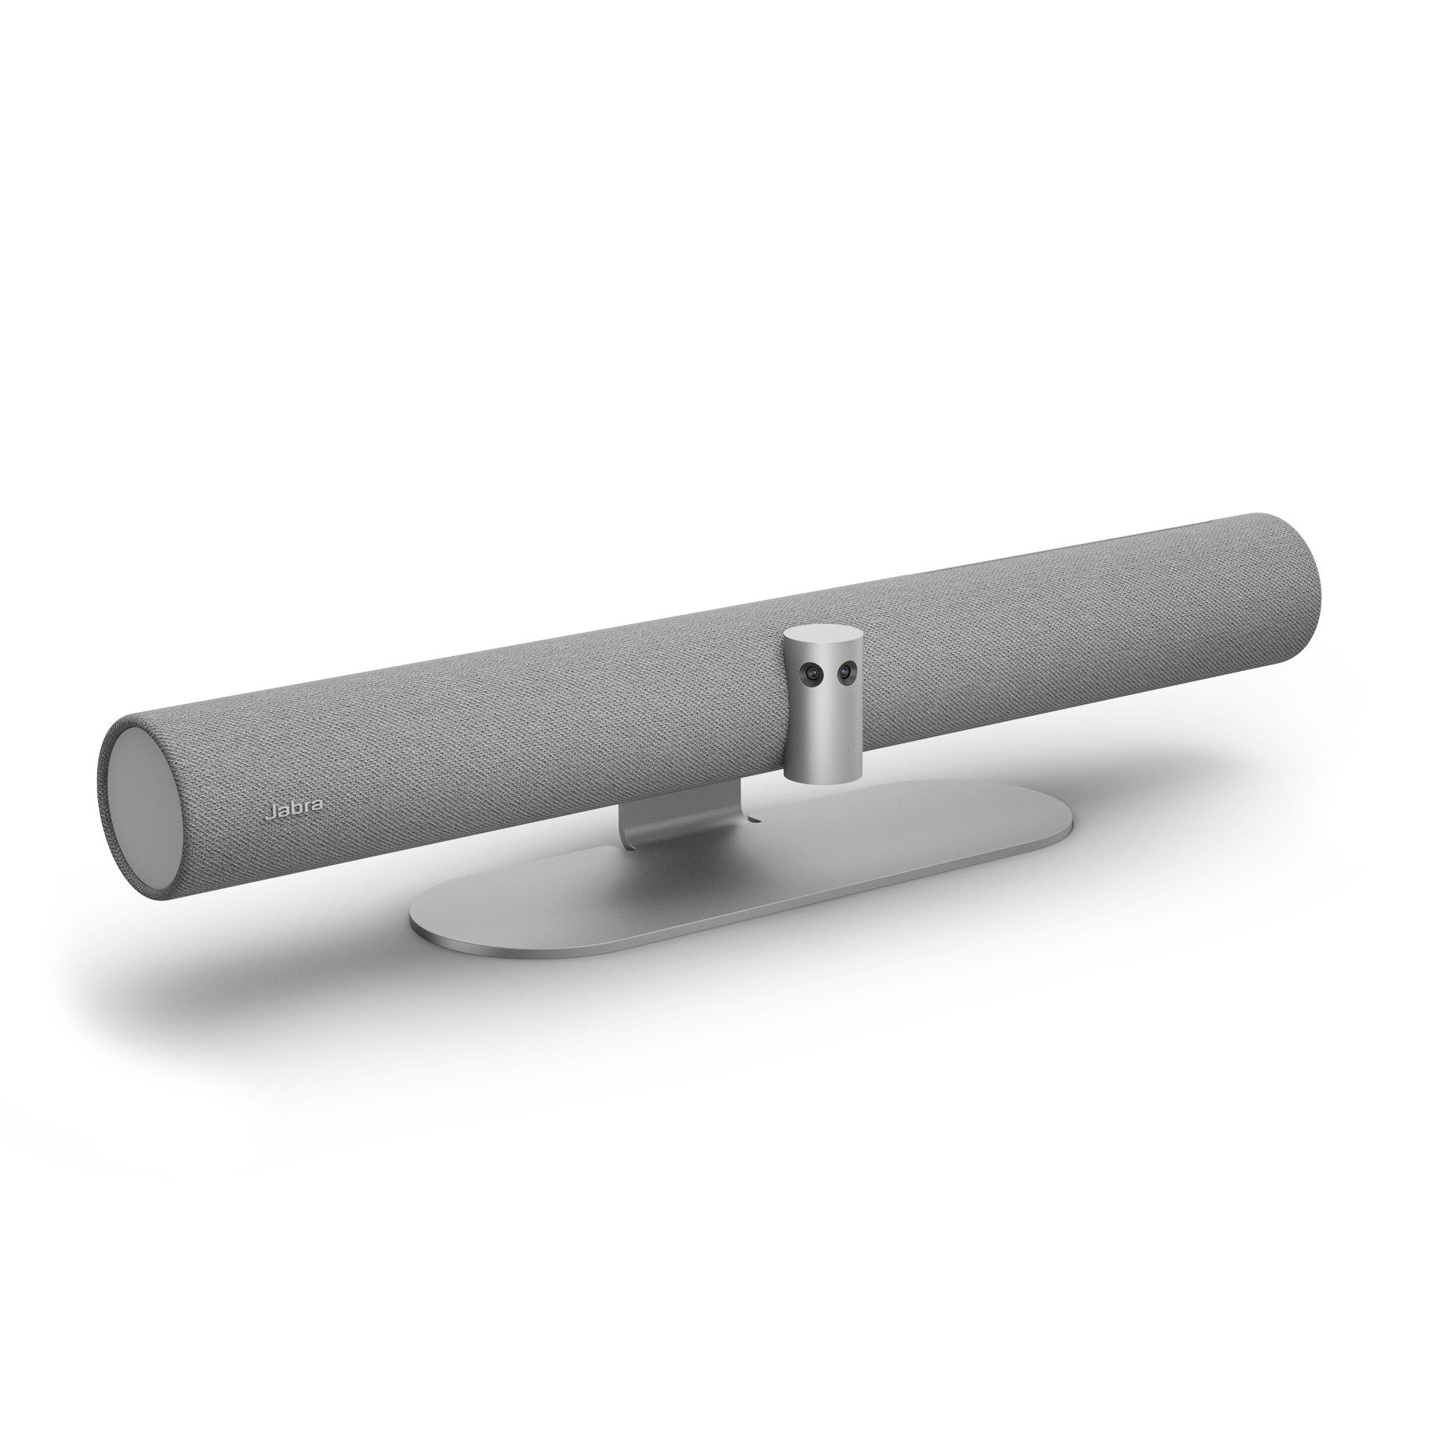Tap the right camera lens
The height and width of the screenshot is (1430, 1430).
click(845, 672)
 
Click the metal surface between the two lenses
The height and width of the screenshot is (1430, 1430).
click(827, 674)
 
